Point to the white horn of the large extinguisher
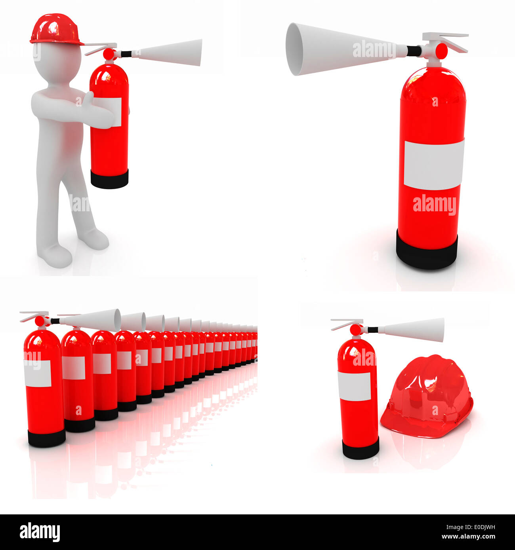tap(341, 49)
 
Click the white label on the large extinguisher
tap(434, 165)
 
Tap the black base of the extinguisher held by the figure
tap(109, 179)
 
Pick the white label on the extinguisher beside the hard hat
tap(354, 386)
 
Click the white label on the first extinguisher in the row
tap(38, 374)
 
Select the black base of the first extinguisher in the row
tap(46, 438)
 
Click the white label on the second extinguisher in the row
tap(74, 368)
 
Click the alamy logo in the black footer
tap(40, 532)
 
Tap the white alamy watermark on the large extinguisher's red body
tap(434, 205)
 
